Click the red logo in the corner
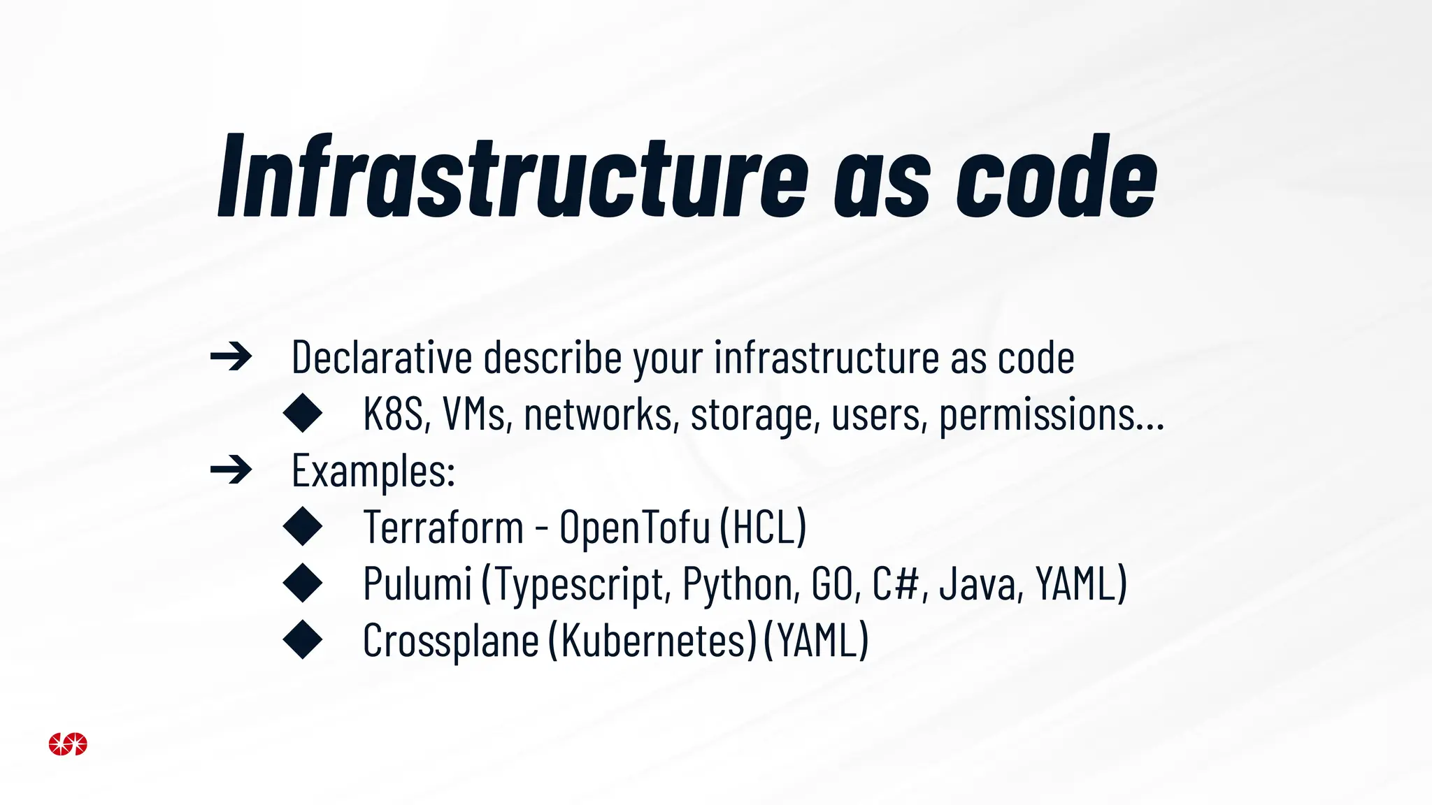[68, 744]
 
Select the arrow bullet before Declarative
[231, 357]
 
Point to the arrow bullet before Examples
[231, 470]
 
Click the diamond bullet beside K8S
[303, 413]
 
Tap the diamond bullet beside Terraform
[303, 526]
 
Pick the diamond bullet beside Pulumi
[303, 583]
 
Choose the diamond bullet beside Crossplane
[303, 639]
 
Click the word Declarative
[382, 357]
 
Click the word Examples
[373, 470]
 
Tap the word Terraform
[443, 527]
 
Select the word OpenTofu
[635, 528]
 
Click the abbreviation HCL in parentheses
[763, 527]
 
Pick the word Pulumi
[417, 583]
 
